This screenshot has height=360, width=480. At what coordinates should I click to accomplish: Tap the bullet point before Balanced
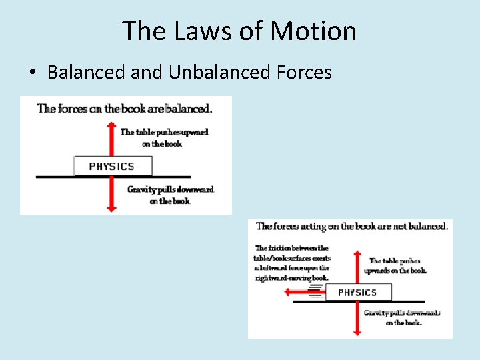[33, 73]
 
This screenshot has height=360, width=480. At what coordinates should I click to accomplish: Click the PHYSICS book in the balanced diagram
[112, 166]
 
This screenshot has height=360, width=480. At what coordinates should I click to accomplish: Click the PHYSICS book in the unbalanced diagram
[357, 292]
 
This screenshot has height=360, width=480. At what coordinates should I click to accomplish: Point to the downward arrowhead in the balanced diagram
[112, 208]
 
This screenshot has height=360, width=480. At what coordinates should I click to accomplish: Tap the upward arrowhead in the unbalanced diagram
[357, 253]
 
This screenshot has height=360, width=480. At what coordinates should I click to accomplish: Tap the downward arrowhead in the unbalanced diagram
[357, 331]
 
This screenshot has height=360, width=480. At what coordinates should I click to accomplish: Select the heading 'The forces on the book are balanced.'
[125, 108]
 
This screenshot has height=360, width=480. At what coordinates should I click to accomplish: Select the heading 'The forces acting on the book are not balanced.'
[352, 226]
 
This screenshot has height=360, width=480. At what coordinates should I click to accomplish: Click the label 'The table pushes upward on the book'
[164, 137]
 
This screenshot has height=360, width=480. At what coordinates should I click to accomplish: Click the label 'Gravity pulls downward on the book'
[170, 195]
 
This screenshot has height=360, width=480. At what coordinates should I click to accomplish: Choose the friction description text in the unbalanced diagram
[292, 263]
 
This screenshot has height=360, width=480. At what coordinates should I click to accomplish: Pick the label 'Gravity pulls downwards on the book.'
[403, 317]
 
